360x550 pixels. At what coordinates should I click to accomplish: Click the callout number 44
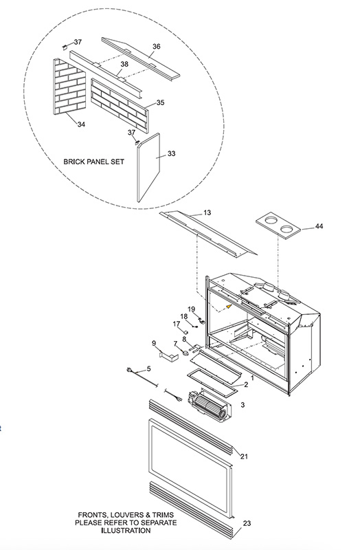[319, 226]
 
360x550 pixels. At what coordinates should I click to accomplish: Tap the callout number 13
[207, 212]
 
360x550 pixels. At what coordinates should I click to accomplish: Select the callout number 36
[157, 46]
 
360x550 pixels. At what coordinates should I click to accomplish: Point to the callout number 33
[171, 153]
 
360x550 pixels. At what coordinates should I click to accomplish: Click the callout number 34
[81, 124]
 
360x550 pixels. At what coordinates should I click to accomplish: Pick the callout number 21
[244, 456]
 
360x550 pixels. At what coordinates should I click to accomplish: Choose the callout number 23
[247, 523]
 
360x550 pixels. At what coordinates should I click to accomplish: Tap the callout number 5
[148, 368]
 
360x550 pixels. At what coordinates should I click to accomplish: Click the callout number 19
[191, 309]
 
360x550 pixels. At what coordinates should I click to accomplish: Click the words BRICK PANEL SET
[93, 162]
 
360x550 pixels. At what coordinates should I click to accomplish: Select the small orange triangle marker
[229, 307]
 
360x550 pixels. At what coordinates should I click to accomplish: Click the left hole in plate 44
[270, 221]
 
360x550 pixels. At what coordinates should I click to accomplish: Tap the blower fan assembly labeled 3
[209, 406]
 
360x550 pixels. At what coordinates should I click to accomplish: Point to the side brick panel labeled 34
[69, 87]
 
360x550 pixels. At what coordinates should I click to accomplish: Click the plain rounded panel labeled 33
[148, 167]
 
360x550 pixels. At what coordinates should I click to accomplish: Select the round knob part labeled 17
[186, 332]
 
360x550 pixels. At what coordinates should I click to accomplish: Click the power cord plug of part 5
[128, 370]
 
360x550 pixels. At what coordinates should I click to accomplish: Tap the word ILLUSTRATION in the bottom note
[126, 530]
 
